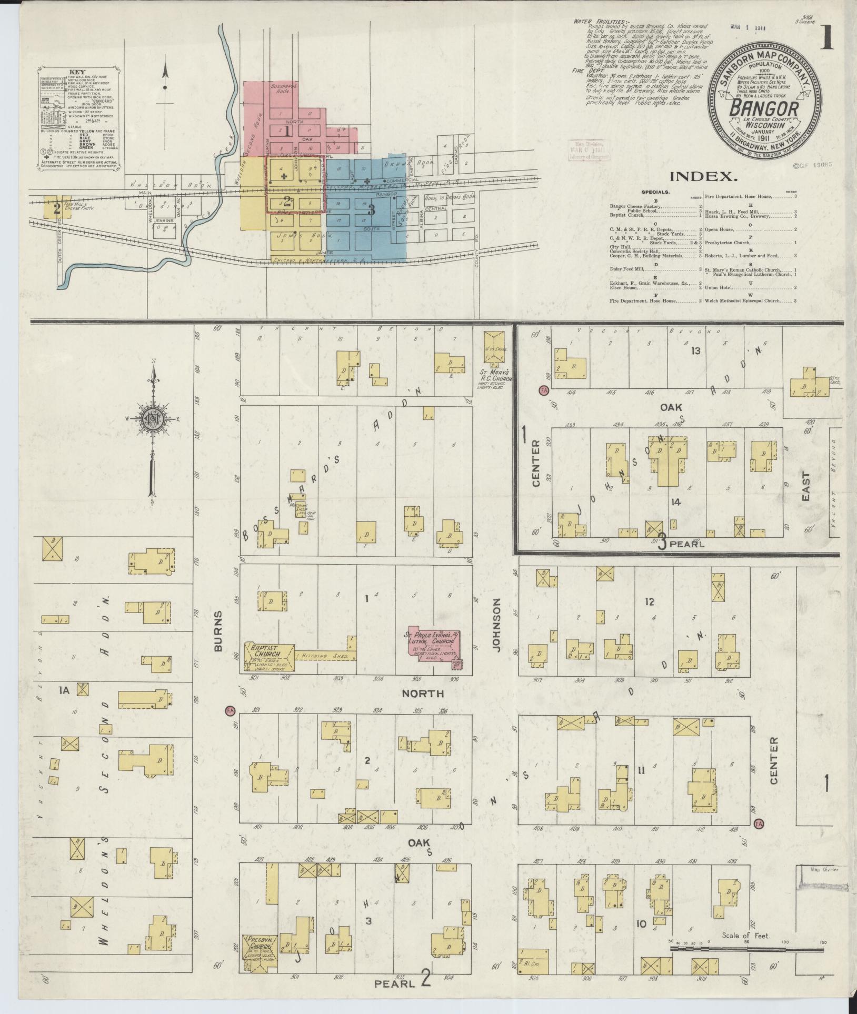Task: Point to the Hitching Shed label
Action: pos(319,655)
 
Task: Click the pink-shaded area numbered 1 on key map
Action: pos(287,132)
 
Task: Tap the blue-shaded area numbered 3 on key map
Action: pos(372,209)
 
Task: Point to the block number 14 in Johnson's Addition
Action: pos(676,501)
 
